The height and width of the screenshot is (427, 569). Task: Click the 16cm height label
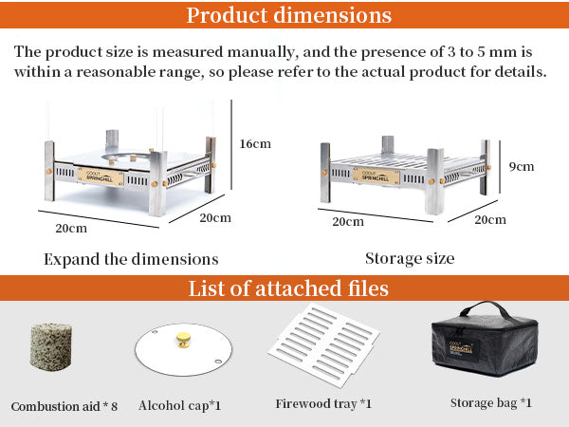point(255,144)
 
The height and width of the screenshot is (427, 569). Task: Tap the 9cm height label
point(522,166)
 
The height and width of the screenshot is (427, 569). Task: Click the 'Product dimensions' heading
point(289,15)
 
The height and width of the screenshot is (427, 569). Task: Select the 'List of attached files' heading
point(288,288)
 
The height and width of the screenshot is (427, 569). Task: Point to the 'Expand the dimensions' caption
point(131,259)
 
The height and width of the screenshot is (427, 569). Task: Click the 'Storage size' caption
point(410,258)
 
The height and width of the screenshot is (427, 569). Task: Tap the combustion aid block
point(51,347)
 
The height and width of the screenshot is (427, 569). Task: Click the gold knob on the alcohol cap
point(184,340)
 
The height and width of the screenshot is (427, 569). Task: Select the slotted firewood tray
point(323,344)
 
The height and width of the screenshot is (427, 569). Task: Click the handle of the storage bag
point(486,309)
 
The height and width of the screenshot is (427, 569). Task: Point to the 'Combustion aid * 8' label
point(64,406)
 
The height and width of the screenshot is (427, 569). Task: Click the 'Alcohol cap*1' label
point(179,405)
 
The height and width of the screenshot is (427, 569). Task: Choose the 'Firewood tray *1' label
point(323,403)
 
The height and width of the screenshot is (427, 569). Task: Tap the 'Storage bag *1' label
point(491,402)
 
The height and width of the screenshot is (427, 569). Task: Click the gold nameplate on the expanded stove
point(101,176)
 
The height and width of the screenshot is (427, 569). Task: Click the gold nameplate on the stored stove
point(376,176)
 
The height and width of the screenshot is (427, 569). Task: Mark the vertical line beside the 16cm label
point(231,144)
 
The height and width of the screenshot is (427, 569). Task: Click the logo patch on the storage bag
point(461,350)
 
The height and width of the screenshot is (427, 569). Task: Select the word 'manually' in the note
point(261,52)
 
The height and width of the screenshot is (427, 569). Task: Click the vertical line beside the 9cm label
point(500,167)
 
